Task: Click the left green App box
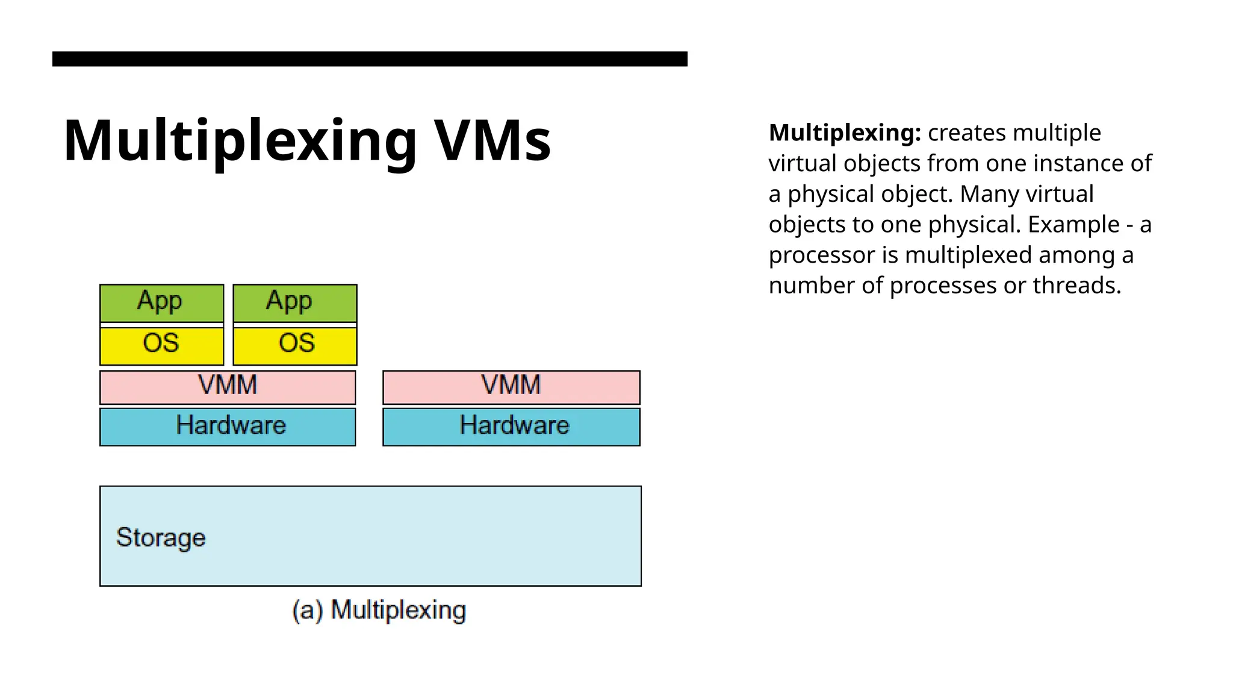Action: [161, 302]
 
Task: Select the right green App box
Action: [295, 302]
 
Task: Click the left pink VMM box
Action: [228, 387]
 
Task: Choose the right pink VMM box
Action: [511, 387]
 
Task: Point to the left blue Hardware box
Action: [228, 427]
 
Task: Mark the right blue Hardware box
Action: [511, 427]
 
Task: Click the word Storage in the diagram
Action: [161, 537]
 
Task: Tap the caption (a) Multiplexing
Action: [379, 610]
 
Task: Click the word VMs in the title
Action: [492, 140]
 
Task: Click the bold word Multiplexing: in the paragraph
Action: [845, 133]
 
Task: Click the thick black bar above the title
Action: [370, 59]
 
